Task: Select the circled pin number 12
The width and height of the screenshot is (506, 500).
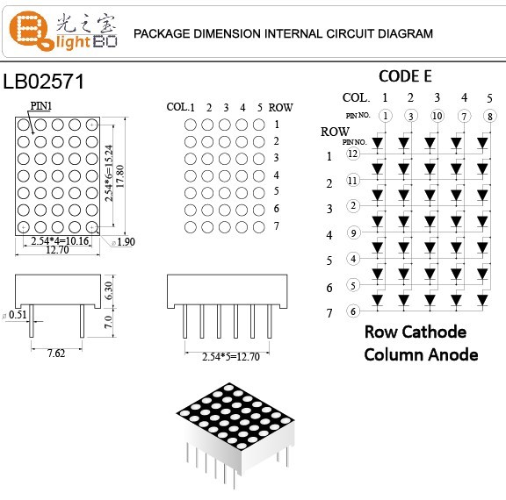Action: [x=353, y=154]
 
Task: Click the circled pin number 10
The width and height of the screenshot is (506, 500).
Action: [x=437, y=116]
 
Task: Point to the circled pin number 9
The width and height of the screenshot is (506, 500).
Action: [x=353, y=232]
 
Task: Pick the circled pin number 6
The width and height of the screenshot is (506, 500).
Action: [x=353, y=311]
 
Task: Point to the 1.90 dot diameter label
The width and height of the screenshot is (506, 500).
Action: [x=123, y=241]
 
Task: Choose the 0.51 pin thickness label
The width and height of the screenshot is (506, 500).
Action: [x=16, y=314]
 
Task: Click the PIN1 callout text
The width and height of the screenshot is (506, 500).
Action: [x=41, y=105]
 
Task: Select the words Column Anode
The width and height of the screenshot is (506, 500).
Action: [x=422, y=354]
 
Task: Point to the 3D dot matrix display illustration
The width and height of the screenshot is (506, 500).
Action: [x=232, y=430]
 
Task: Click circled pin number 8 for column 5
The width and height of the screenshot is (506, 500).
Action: [x=488, y=116]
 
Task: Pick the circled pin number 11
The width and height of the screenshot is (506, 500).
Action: [x=353, y=181]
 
